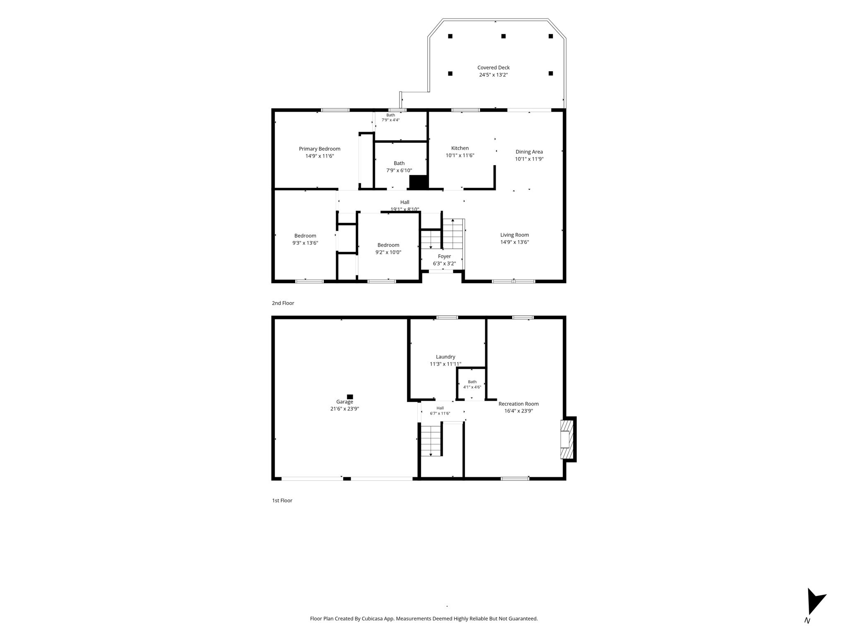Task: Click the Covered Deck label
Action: coord(493,67)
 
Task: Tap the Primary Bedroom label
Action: coord(320,149)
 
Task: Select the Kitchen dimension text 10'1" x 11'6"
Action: coord(460,156)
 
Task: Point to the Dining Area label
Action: coord(529,152)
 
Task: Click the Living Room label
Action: coord(515,235)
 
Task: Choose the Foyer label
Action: coord(444,256)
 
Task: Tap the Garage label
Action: coord(344,402)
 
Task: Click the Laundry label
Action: coord(446,357)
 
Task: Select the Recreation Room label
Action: coord(518,404)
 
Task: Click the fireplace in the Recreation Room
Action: coord(568,439)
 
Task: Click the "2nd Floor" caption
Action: coord(283,303)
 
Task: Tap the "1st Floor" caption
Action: coord(282,501)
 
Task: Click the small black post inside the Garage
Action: coord(350,397)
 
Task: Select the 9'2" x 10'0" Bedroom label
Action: coord(388,245)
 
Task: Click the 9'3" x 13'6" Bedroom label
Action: coord(305,236)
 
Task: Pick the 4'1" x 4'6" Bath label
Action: coord(472,382)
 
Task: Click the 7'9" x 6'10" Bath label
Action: coord(399,163)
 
